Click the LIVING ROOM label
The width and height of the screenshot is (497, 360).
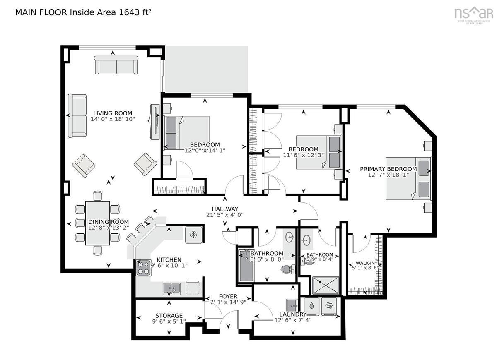pyautogui.click(x=113, y=113)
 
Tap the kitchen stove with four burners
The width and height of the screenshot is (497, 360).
pyautogui.click(x=144, y=268)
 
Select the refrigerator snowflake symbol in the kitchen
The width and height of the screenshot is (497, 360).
pyautogui.click(x=194, y=235)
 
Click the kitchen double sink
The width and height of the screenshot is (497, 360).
pyautogui.click(x=171, y=288)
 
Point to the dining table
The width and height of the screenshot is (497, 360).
pyautogui.click(x=98, y=223)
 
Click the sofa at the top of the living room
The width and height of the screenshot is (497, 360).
pyautogui.click(x=116, y=65)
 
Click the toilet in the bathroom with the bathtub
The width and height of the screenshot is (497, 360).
pyautogui.click(x=288, y=269)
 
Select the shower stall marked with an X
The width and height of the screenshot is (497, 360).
pyautogui.click(x=326, y=286)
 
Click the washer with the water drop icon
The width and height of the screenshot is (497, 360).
pyautogui.click(x=311, y=306)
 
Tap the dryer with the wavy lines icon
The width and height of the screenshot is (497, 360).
pyautogui.click(x=329, y=306)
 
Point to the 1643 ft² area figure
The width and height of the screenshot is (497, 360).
pyautogui.click(x=135, y=12)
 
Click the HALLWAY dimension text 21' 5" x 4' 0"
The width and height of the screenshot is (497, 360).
pyautogui.click(x=225, y=215)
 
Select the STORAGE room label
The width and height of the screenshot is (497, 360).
pyautogui.click(x=169, y=315)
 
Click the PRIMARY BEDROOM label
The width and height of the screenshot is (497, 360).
pyautogui.click(x=388, y=169)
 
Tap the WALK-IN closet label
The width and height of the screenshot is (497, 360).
pyautogui.click(x=365, y=263)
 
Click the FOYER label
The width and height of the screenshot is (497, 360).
pyautogui.click(x=228, y=296)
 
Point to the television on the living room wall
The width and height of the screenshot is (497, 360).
pyautogui.click(x=155, y=122)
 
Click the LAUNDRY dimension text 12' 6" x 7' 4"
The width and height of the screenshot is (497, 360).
pyautogui.click(x=293, y=320)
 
